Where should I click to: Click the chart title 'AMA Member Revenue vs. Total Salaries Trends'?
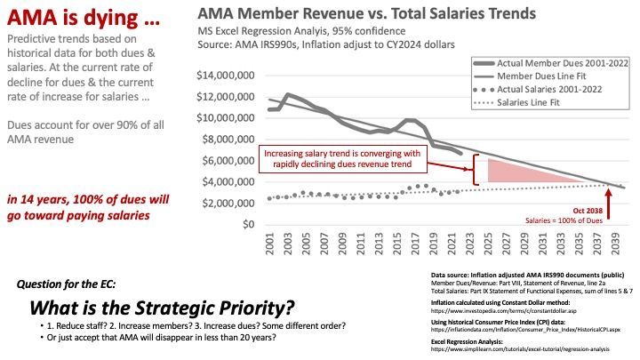pos(366,14)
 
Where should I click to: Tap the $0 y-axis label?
pos(250,224)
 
